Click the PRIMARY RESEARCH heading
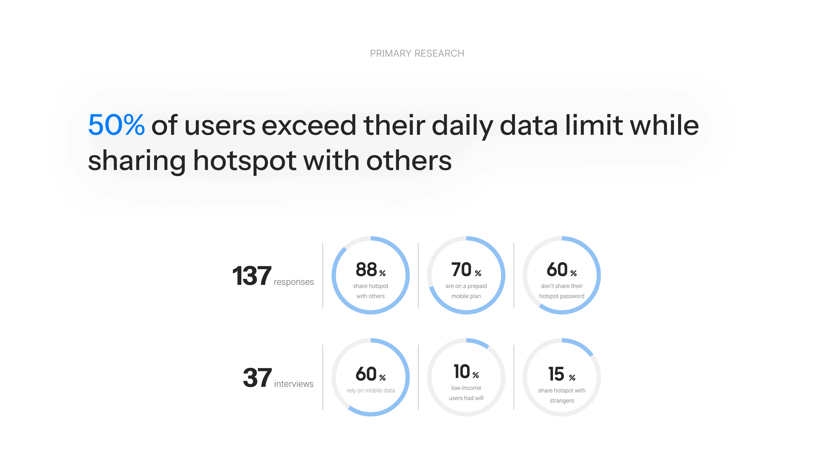(x=417, y=54)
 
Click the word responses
(x=294, y=282)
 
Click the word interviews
(x=294, y=384)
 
